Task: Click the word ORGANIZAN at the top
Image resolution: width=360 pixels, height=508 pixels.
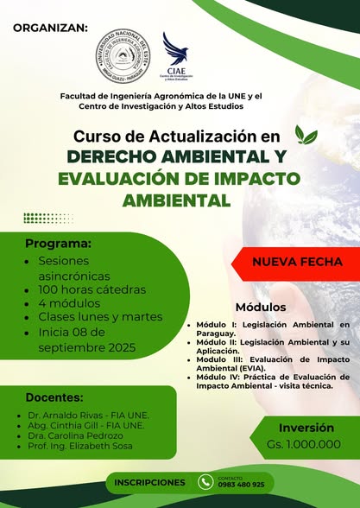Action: coord(51,27)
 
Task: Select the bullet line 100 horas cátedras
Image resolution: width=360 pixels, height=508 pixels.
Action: coord(92,289)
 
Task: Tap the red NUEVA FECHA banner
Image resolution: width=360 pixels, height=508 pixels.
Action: coord(298,261)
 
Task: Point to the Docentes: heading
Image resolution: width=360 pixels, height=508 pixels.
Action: coord(54,398)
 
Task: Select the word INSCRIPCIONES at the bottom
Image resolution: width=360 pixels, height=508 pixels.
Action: coord(149,482)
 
